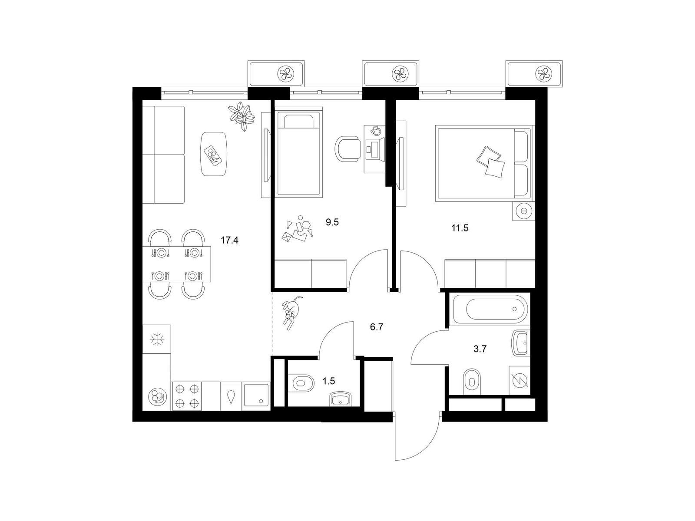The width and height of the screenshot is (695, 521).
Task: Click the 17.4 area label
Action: coord(229,241)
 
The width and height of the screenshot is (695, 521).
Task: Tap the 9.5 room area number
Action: coord(332,222)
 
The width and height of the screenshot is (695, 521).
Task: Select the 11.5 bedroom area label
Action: coord(460,228)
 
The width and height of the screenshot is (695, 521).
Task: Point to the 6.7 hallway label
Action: coord(377,327)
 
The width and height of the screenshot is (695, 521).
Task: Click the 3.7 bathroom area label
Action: coord(480,349)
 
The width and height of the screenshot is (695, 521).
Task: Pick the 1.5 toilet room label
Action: coord(329,381)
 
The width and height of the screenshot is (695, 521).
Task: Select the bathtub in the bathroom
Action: coord(490,309)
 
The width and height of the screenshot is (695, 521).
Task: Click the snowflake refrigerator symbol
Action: coord(157,340)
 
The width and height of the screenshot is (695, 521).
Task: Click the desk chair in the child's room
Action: coord(347,148)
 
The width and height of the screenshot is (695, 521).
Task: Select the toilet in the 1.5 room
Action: coord(303,383)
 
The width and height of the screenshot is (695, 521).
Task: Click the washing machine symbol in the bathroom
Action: coord(519,381)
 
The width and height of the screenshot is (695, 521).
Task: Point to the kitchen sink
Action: coord(256,396)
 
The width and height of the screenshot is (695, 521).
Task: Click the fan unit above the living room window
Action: coord(276,74)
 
